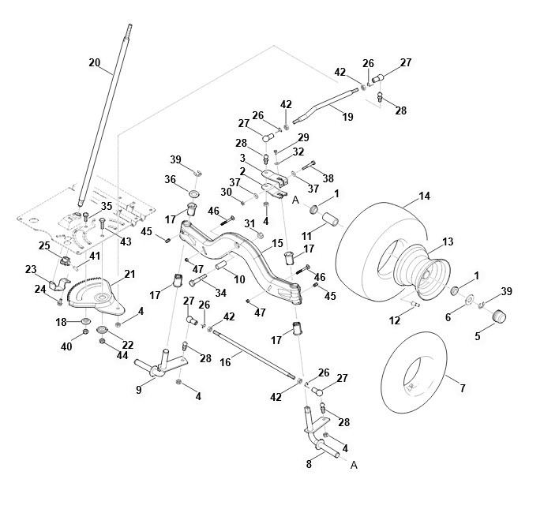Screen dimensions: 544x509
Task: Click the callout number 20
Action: click(95, 63)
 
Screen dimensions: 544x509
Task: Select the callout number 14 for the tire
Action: click(424, 196)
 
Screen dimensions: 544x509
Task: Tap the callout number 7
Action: click(463, 388)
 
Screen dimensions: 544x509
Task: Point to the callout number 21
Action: click(129, 275)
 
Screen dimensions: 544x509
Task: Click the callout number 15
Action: click(278, 243)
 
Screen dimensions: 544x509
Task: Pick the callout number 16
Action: click(225, 362)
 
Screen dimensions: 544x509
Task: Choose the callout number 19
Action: click(347, 117)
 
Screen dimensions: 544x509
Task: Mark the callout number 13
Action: click(448, 241)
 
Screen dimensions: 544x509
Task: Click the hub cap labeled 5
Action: click(500, 316)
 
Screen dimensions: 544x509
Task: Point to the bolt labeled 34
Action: click(197, 280)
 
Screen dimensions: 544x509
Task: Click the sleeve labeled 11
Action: click(330, 220)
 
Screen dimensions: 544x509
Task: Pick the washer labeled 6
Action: click(470, 299)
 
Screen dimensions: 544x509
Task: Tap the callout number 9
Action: click(139, 390)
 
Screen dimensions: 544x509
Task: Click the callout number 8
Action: click(309, 464)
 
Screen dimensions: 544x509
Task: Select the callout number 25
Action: click(44, 246)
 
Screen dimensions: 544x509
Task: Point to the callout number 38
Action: click(328, 178)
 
